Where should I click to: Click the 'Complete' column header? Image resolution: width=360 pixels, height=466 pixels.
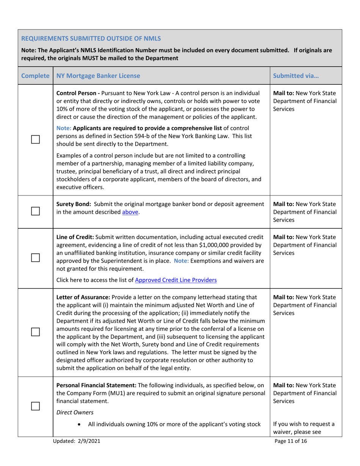36,75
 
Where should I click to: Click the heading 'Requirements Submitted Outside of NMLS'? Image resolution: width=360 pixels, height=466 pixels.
91,38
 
